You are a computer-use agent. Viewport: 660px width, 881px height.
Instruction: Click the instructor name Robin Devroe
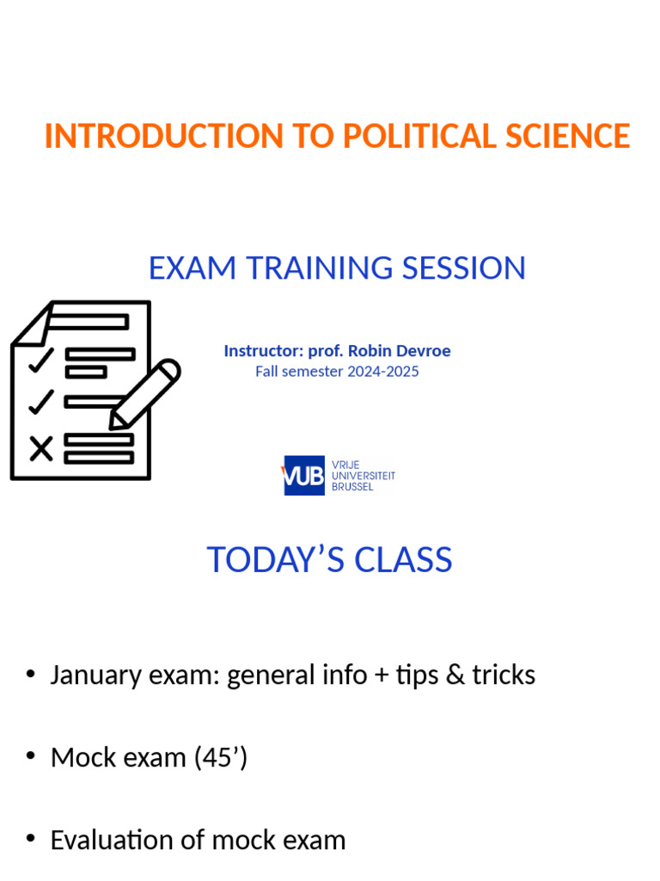click(399, 351)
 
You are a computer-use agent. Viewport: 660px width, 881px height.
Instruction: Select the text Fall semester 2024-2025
click(337, 372)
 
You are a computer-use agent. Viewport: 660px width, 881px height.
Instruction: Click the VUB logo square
click(304, 475)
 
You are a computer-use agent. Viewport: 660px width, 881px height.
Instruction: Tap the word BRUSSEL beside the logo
click(352, 487)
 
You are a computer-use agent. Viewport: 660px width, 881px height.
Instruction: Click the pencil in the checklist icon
click(144, 393)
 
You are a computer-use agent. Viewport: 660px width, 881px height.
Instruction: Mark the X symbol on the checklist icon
click(40, 448)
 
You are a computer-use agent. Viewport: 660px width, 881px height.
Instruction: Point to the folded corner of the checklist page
click(32, 324)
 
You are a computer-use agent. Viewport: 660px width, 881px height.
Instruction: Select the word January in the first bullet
click(91, 675)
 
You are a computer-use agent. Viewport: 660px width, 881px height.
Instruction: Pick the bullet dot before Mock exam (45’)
click(31, 757)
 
